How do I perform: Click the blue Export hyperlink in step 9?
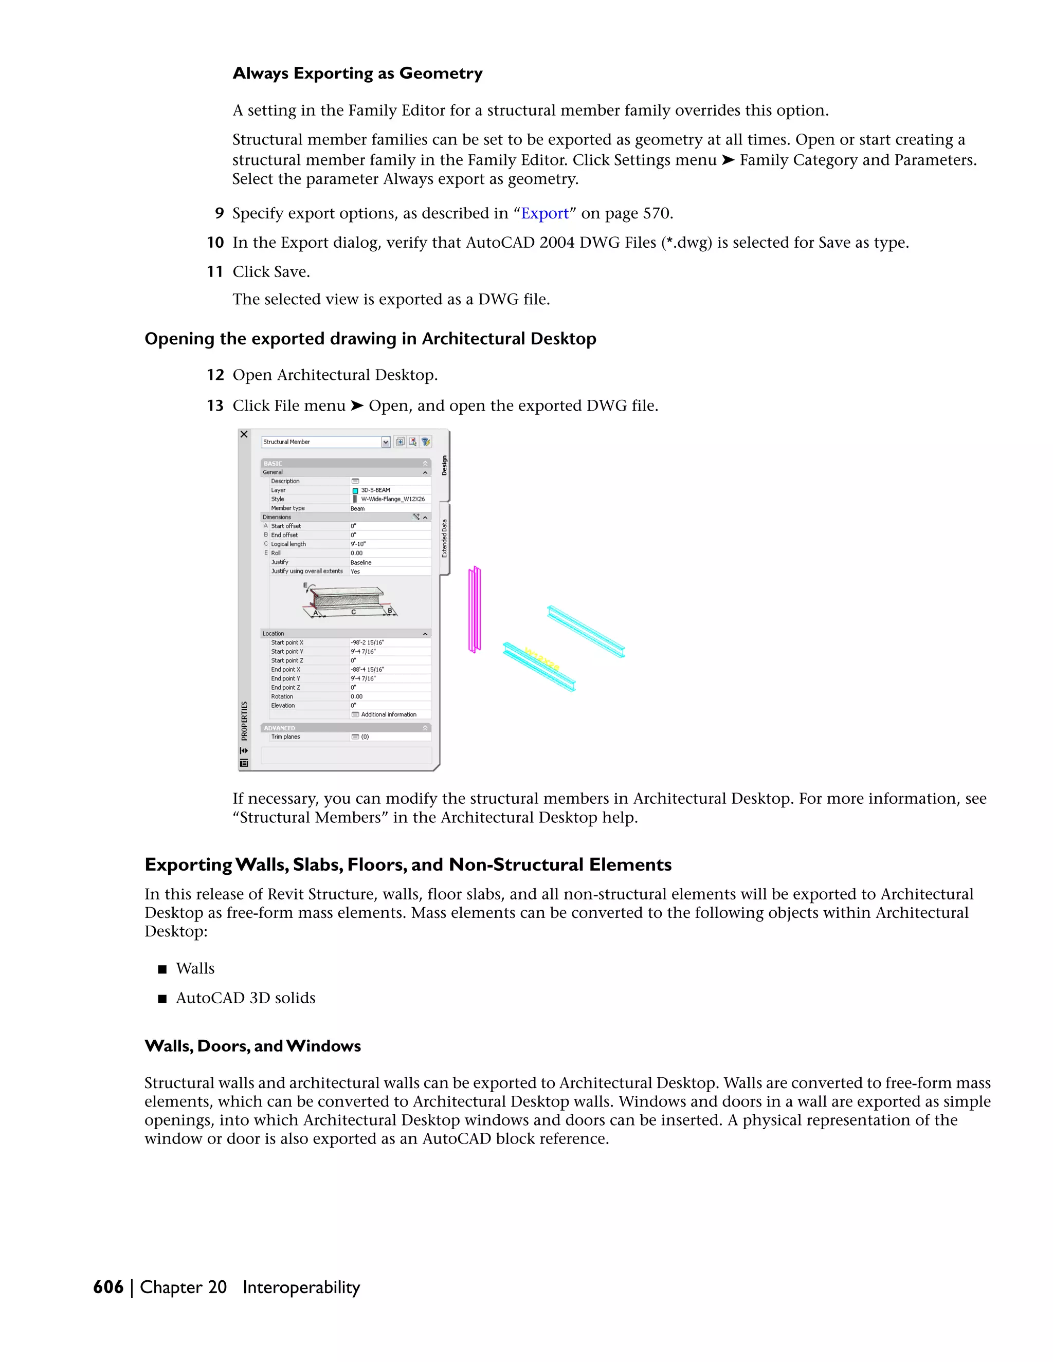pyautogui.click(x=544, y=213)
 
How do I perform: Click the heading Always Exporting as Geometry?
pyautogui.click(x=357, y=73)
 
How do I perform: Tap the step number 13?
pyautogui.click(x=215, y=406)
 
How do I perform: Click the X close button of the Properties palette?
pyautogui.click(x=244, y=435)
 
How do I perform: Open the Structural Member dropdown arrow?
pyautogui.click(x=386, y=442)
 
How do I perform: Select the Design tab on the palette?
pyautogui.click(x=444, y=465)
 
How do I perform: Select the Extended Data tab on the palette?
pyautogui.click(x=444, y=538)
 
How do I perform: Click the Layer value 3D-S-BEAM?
pyautogui.click(x=375, y=490)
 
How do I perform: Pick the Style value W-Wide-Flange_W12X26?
pyautogui.click(x=392, y=499)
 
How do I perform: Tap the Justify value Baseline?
pyautogui.click(x=360, y=562)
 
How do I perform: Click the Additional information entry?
pyautogui.click(x=388, y=715)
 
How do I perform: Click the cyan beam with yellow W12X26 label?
pyautogui.click(x=539, y=667)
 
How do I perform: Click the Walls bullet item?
pyautogui.click(x=195, y=968)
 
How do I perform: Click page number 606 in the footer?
pyautogui.click(x=108, y=1287)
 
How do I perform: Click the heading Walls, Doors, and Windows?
pyautogui.click(x=252, y=1046)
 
